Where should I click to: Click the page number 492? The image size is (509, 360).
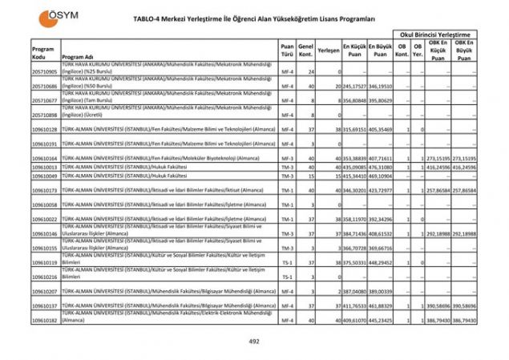pyautogui.click(x=254, y=341)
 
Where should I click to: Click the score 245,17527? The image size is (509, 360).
pyautogui.click(x=354, y=86)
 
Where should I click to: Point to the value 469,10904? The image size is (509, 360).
pyautogui.click(x=380, y=176)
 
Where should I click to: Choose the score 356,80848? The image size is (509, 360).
pyautogui.click(x=354, y=100)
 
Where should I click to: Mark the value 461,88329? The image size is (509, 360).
pyautogui.click(x=380, y=306)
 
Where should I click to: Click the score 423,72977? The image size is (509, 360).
pyautogui.click(x=380, y=191)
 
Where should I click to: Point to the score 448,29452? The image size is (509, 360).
pyautogui.click(x=380, y=262)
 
